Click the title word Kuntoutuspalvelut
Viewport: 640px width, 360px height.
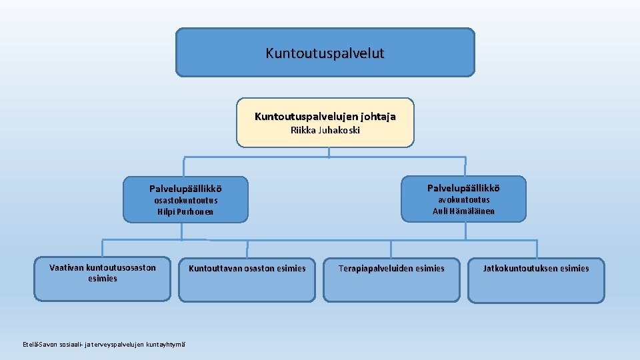click(x=325, y=53)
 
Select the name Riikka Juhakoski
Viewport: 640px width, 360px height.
click(x=325, y=131)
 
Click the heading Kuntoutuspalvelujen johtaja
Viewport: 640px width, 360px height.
click(x=325, y=117)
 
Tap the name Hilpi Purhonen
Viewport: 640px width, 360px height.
click(x=185, y=212)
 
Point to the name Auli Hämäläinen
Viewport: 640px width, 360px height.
click(x=463, y=211)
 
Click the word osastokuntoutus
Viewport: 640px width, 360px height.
click(x=185, y=200)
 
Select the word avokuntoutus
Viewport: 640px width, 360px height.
click(x=463, y=199)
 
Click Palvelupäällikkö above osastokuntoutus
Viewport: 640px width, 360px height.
click(x=185, y=188)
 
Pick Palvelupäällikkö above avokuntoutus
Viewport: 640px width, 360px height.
click(x=463, y=187)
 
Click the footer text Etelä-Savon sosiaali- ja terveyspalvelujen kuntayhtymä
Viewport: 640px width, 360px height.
click(x=103, y=344)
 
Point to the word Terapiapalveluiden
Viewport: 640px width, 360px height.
click(x=375, y=269)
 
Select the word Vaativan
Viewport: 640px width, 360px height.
click(x=66, y=267)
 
